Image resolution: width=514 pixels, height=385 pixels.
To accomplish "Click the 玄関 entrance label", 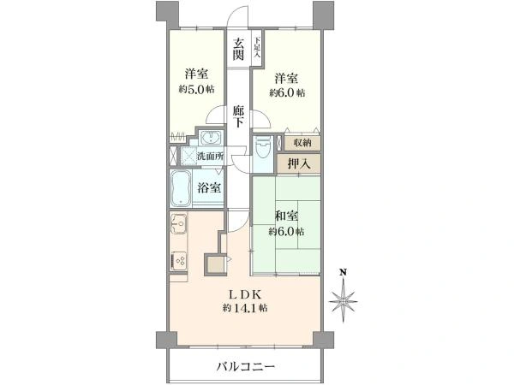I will tap(238, 49).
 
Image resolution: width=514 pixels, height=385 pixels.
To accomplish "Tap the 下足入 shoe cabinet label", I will tap(256, 44).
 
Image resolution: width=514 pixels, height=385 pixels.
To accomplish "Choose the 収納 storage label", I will tap(302, 143).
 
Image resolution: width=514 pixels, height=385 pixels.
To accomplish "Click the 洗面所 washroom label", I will tap(209, 157).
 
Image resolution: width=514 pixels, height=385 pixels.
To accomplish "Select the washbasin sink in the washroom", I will tap(211, 139).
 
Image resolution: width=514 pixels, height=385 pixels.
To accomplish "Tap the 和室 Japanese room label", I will tap(286, 216).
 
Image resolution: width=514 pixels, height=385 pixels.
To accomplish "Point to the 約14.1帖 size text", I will tap(246, 307).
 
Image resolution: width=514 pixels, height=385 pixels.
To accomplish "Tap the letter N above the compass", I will tap(343, 273).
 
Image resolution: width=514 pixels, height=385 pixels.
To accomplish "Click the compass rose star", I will tap(343, 300).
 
